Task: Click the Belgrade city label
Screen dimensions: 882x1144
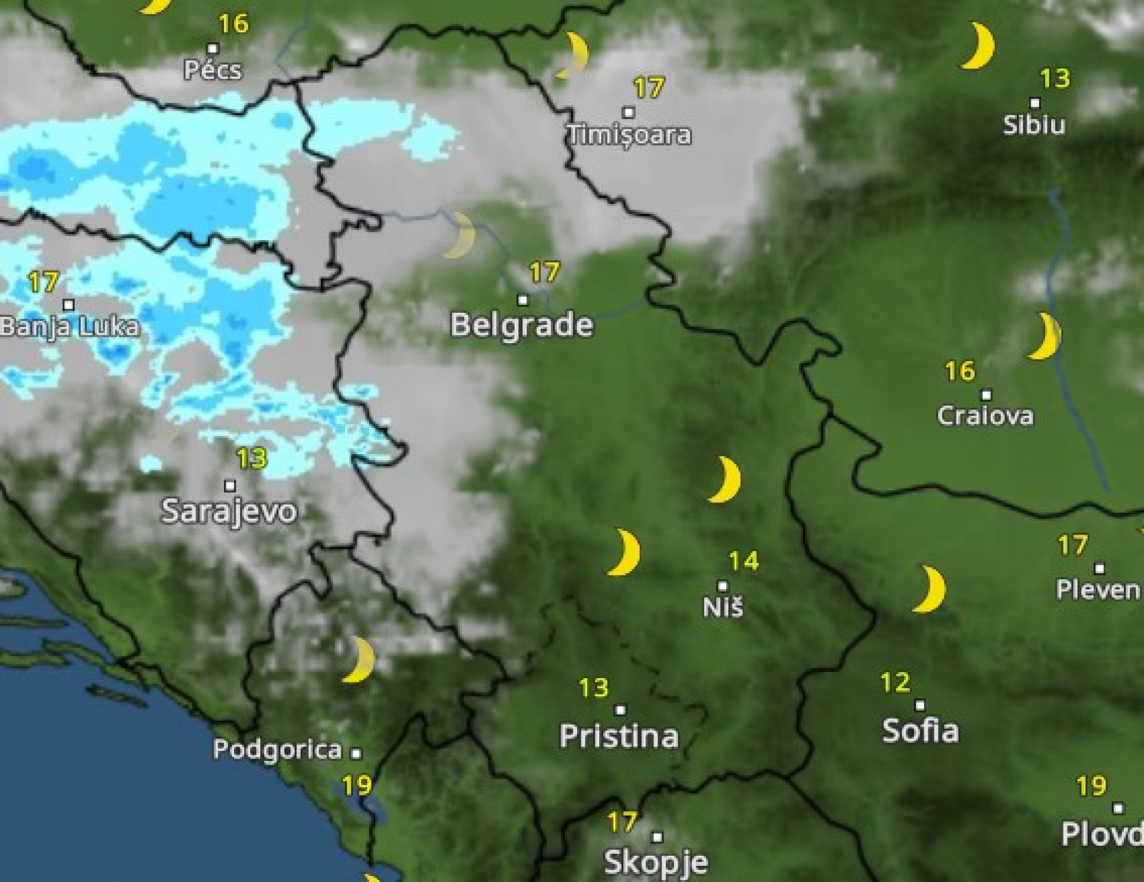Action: click(521, 325)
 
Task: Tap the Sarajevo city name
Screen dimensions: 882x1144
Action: click(228, 511)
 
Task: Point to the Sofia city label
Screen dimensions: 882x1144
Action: click(920, 730)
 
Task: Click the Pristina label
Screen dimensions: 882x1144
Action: click(619, 736)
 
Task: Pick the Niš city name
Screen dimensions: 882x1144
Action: click(723, 607)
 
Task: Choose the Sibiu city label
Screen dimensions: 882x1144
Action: click(1034, 125)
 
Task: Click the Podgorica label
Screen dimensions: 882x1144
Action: click(277, 749)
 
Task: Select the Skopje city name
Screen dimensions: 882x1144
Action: click(656, 862)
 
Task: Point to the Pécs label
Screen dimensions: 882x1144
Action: click(213, 70)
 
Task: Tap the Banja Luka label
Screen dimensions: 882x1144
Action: click(69, 327)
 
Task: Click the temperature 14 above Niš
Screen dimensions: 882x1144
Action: click(743, 561)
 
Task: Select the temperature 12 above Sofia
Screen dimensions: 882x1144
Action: click(895, 682)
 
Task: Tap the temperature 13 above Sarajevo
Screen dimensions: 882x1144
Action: click(252, 459)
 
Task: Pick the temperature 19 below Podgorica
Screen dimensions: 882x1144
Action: click(357, 786)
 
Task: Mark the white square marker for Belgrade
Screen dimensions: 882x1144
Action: click(523, 300)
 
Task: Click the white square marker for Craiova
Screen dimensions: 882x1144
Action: click(986, 395)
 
